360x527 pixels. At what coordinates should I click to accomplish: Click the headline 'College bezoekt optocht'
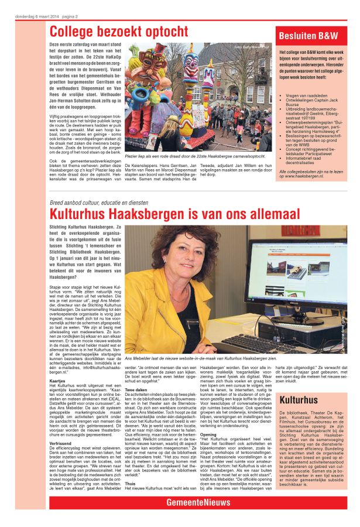pyautogui.click(x=118, y=32)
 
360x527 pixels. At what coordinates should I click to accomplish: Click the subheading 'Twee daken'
pyautogui.click(x=136, y=389)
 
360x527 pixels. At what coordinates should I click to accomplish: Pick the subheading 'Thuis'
pyautogui.click(x=130, y=484)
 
